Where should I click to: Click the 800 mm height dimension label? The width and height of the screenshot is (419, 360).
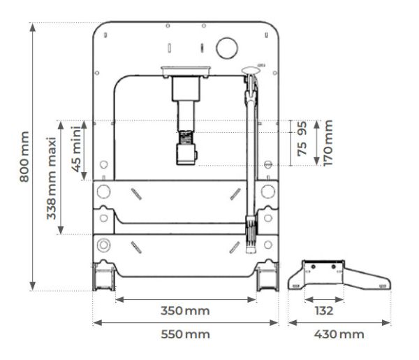(x=24, y=157)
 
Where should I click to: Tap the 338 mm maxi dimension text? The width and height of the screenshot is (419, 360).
(x=51, y=178)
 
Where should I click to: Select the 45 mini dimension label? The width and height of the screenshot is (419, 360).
(x=76, y=149)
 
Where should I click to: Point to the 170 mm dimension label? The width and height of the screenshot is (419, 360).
(x=328, y=143)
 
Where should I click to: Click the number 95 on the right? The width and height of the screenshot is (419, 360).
(x=302, y=129)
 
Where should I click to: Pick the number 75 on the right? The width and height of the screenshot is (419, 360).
(x=302, y=149)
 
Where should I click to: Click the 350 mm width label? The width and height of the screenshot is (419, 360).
(x=185, y=311)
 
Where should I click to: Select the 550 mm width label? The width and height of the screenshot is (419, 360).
(x=185, y=334)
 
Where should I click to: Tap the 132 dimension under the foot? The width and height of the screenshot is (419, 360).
(x=324, y=311)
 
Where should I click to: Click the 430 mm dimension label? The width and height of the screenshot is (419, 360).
(x=339, y=334)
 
